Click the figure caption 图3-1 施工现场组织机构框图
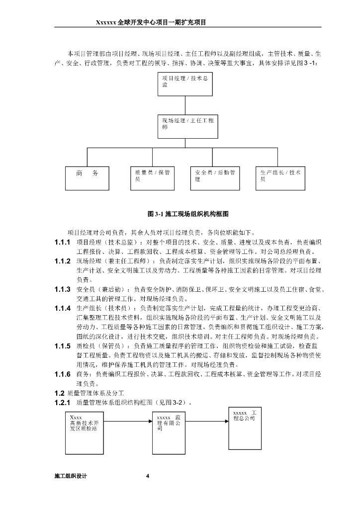point(187,214)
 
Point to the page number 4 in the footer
point(148,476)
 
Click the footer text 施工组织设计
point(71,476)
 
